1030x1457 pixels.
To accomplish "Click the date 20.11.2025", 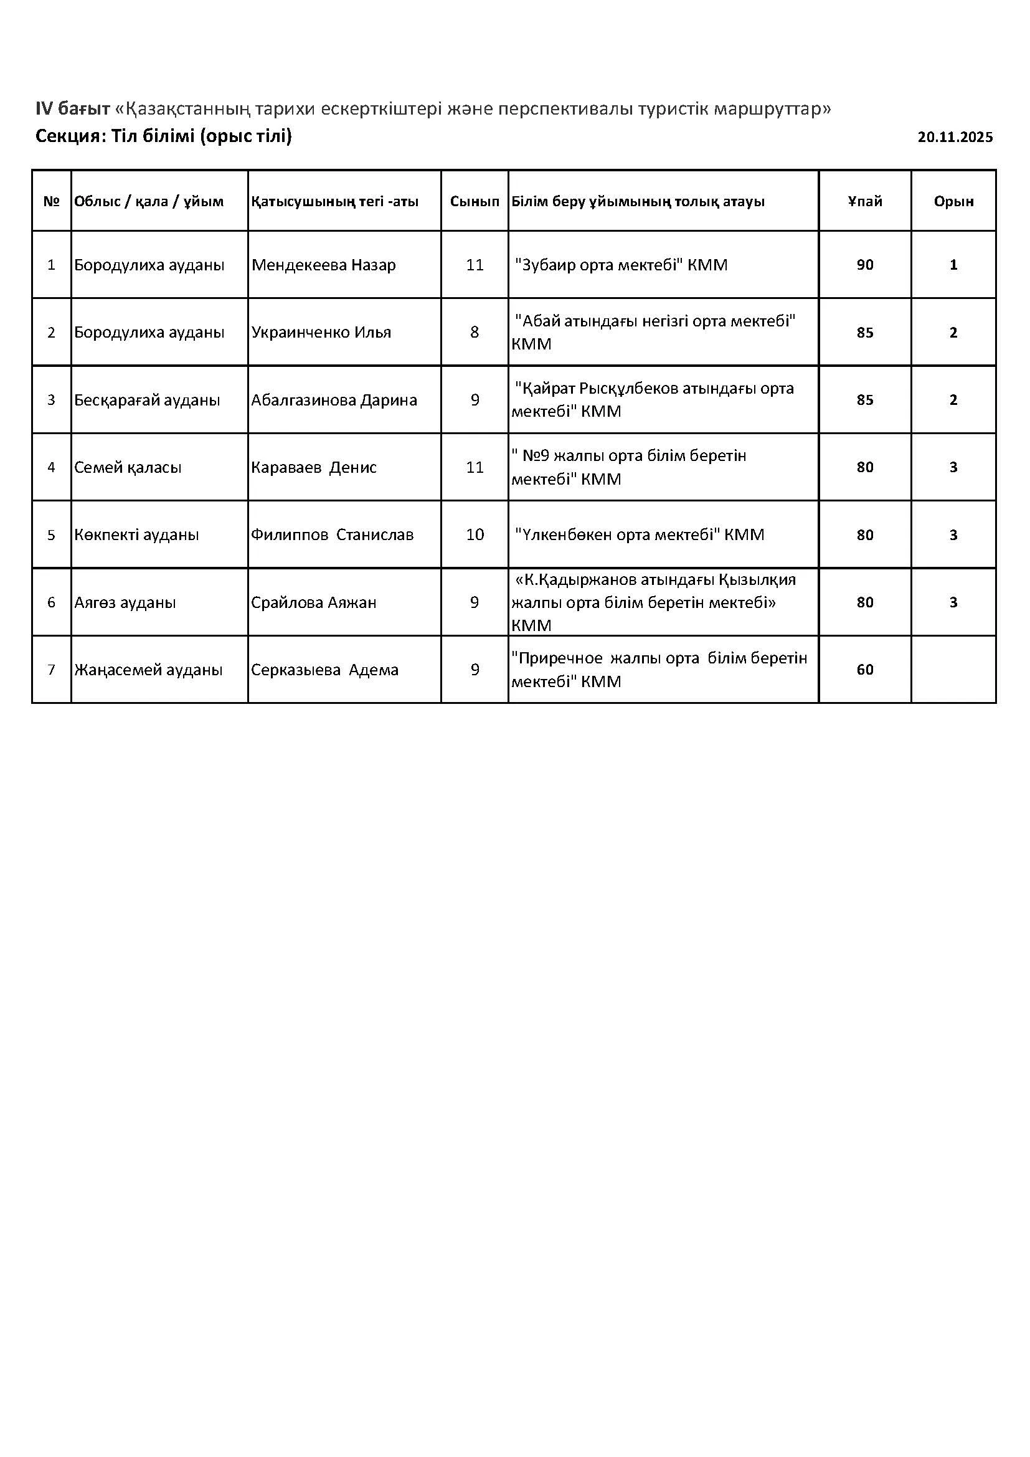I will coord(955,137).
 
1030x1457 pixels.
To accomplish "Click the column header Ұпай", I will coord(864,201).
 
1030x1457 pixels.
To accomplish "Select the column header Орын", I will coord(953,201).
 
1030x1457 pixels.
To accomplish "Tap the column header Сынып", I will coord(475,201).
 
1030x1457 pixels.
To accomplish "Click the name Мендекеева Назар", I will coord(323,265).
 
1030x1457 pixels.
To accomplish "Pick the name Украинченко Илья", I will coord(321,332).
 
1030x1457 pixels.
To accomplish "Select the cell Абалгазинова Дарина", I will coord(334,400).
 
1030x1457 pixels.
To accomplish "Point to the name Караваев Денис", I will coord(314,467).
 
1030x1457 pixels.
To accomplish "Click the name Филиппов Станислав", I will coord(332,534).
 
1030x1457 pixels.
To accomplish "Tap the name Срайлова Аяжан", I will coord(313,602).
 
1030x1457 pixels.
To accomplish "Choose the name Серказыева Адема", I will coord(324,670).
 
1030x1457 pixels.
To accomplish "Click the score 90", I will coord(864,265).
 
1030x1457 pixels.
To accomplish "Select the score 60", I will coord(864,670).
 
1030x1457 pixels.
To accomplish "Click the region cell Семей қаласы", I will coord(128,467).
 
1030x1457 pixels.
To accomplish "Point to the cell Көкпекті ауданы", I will coord(136,534).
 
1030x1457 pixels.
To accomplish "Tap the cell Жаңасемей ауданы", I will coord(148,670).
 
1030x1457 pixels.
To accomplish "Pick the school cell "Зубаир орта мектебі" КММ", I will coord(621,265).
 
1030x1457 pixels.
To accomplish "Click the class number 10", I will coord(475,534).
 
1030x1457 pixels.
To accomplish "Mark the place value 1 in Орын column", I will coord(953,265).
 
